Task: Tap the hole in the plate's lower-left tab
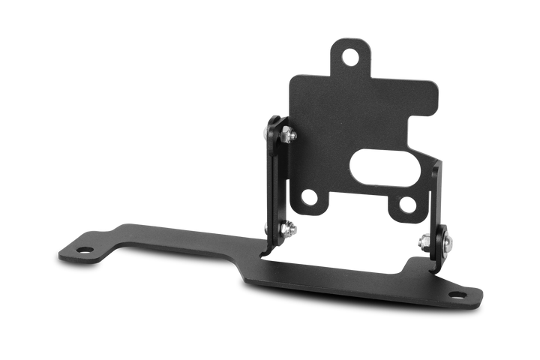pyautogui.click(x=308, y=198)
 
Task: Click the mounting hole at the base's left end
pyautogui.click(x=84, y=249)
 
